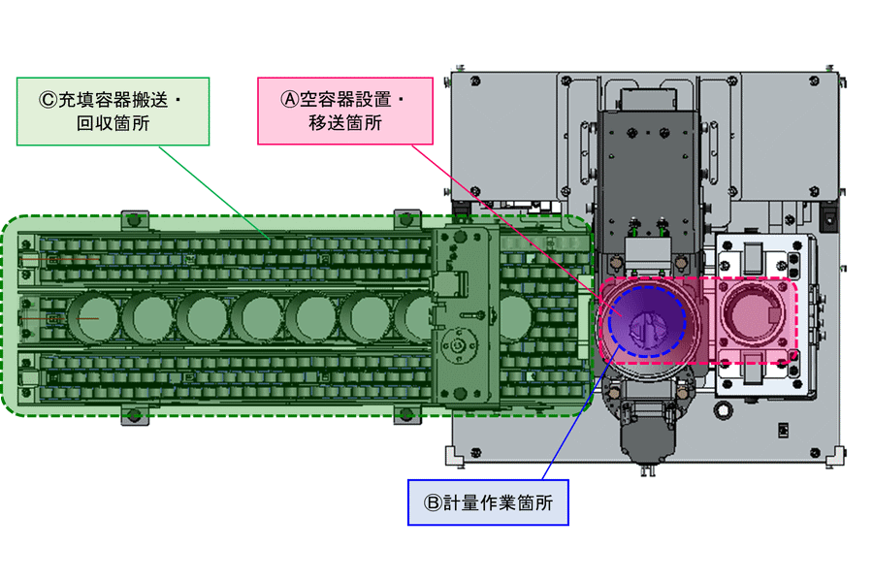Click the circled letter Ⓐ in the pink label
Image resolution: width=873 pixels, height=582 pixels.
click(290, 99)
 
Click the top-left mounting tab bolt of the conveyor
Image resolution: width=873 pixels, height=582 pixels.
click(133, 219)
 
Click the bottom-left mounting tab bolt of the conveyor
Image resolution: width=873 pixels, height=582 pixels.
click(133, 416)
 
